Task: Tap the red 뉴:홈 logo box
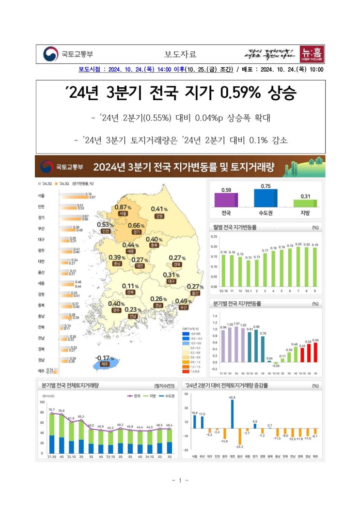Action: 312,53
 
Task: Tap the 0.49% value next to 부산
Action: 181,301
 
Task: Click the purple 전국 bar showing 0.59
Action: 226,200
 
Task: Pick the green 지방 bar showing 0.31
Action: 305,203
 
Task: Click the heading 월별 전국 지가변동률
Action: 235,227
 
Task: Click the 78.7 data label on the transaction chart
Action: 51,409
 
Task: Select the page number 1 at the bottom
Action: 180,480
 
